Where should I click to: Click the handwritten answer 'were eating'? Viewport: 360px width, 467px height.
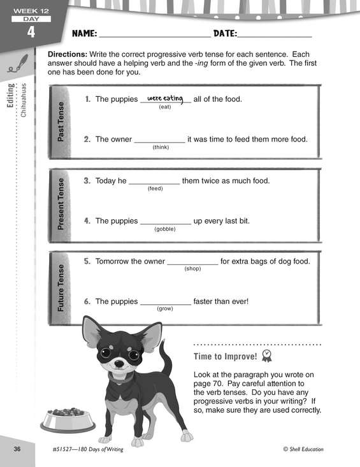(x=165, y=98)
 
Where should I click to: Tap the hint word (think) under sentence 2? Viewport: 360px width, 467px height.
(x=161, y=147)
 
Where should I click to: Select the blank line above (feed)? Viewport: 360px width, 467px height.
(x=154, y=184)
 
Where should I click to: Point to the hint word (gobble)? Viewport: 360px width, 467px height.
(x=165, y=229)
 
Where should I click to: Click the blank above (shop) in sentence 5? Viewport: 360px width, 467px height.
(x=192, y=264)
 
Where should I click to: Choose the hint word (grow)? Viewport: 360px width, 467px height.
(x=165, y=308)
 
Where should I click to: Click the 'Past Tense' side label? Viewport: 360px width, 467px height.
(x=61, y=122)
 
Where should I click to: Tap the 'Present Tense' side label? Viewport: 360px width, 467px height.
(x=61, y=204)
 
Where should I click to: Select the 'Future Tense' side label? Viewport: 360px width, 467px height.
(x=61, y=288)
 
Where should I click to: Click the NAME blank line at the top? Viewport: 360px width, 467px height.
(x=155, y=37)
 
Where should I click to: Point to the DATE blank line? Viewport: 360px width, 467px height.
(x=275, y=37)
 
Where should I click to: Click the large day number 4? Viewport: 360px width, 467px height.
(x=31, y=32)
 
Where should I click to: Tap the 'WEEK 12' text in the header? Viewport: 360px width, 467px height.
(x=31, y=11)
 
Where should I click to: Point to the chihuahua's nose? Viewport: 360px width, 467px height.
(x=119, y=364)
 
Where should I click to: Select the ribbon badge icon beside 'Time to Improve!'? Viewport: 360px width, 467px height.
(x=267, y=356)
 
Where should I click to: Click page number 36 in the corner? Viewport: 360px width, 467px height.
(x=17, y=449)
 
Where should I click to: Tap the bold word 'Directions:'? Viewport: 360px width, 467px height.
(x=68, y=55)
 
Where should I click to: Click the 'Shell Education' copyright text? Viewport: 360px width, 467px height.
(x=303, y=449)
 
